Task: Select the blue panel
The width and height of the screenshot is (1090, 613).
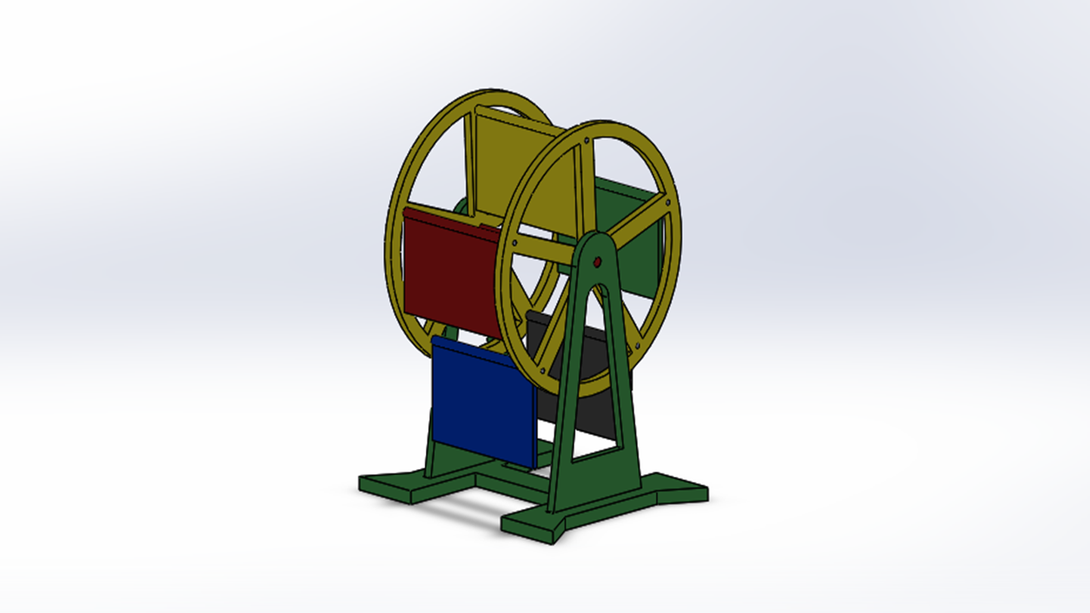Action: [x=481, y=400]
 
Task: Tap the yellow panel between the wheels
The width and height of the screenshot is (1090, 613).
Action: [x=519, y=170]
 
